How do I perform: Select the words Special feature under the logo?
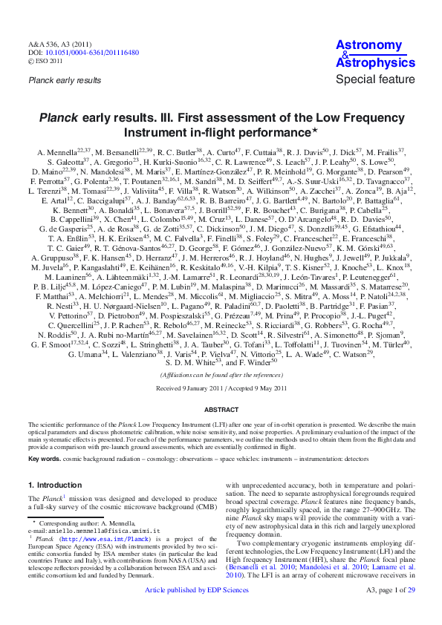(375, 79)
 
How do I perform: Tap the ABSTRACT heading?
(221, 410)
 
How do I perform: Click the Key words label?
(45, 460)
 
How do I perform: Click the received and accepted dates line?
(221, 387)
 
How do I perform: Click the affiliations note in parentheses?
(221, 375)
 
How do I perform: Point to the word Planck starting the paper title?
(57, 117)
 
